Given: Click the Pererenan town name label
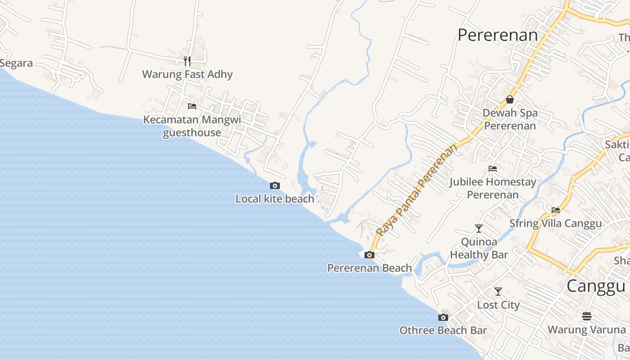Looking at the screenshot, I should click(497, 35).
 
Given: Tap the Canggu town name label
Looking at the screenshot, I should click(596, 286).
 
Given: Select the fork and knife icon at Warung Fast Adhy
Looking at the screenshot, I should click(187, 61).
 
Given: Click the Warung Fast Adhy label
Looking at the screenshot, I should click(187, 74).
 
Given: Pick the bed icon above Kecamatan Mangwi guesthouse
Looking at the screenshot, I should click(192, 106).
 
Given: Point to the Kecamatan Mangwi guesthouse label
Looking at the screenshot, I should click(192, 126).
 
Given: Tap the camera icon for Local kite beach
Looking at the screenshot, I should click(274, 185).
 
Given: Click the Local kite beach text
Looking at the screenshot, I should click(274, 198).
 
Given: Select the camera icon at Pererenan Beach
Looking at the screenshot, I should click(369, 255).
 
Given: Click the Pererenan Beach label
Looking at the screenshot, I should click(369, 268).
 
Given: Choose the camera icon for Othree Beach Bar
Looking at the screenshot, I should click(443, 317).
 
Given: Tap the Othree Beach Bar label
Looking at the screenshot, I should click(443, 330).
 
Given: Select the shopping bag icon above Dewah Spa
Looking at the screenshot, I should click(510, 99).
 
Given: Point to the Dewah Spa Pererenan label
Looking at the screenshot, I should click(510, 119).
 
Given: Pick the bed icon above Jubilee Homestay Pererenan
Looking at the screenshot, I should click(493, 169).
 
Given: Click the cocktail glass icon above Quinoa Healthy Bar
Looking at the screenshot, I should click(479, 229).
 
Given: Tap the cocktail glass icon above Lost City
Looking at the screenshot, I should click(498, 292).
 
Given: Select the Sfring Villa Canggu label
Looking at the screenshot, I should click(555, 224).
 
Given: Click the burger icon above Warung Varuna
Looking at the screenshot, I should click(587, 316).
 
